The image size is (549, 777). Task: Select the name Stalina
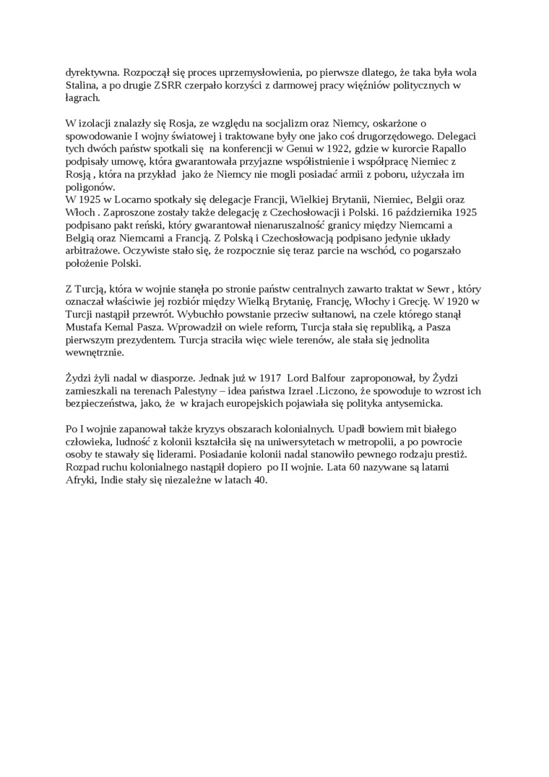pos(84,85)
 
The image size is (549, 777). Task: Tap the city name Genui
pos(274,147)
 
